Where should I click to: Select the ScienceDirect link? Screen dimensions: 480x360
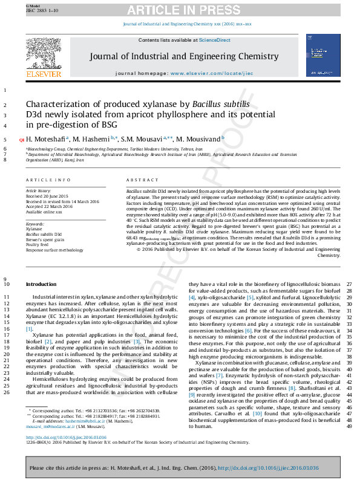pyautogui.click(x=216, y=40)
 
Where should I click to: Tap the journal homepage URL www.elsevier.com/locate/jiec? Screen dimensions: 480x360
pyautogui.click(x=212, y=73)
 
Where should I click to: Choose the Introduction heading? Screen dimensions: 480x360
pyautogui.click(x=41, y=284)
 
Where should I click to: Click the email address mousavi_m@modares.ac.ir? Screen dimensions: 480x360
pyautogui.click(x=56, y=426)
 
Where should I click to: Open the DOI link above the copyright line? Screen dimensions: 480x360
pyautogui.click(x=66, y=437)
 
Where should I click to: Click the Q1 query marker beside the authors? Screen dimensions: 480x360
pyautogui.click(x=22, y=140)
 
